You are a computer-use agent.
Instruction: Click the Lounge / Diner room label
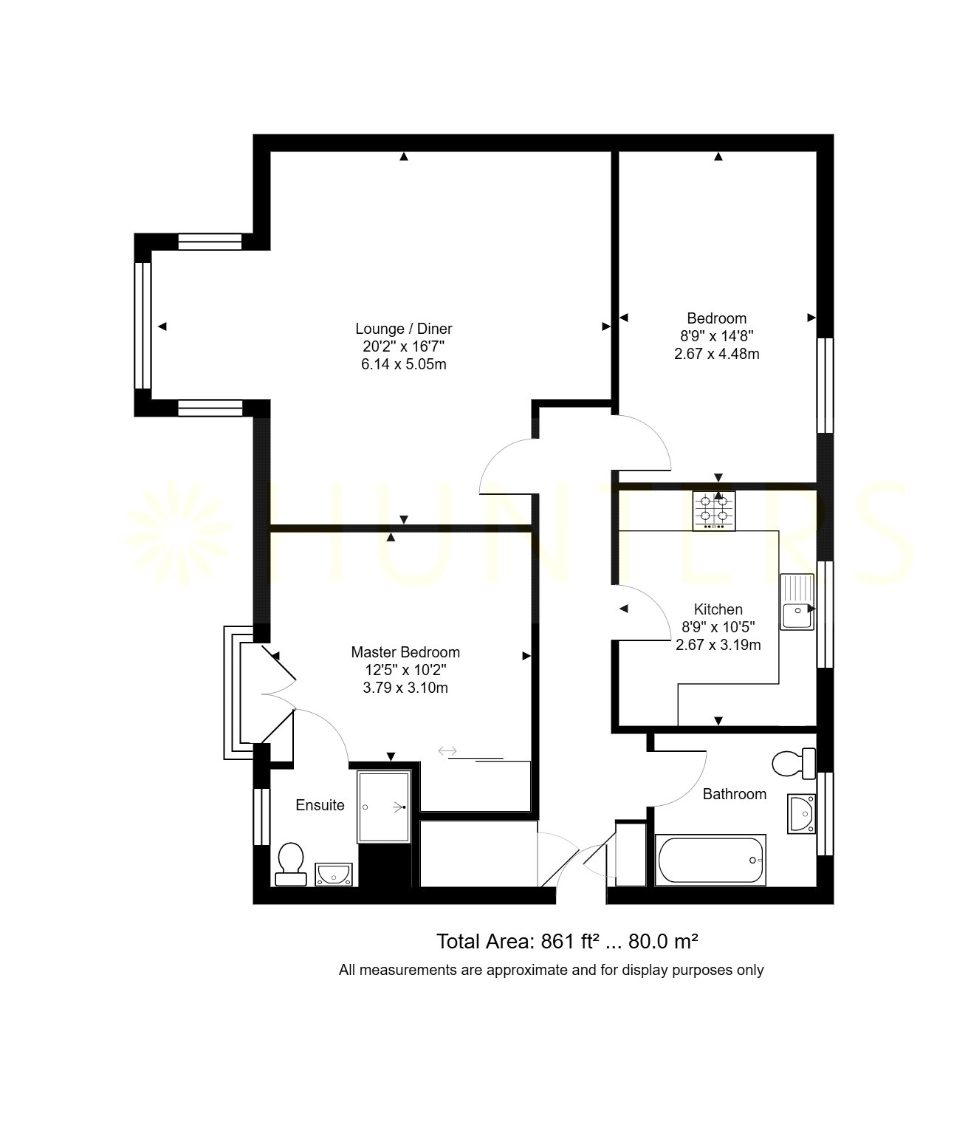pyautogui.click(x=404, y=329)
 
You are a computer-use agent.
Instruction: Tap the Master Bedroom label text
pyautogui.click(x=405, y=652)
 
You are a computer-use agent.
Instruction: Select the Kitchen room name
pyautogui.click(x=718, y=609)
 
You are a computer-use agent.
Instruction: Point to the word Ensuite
pyautogui.click(x=320, y=805)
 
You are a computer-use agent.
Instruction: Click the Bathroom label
pyautogui.click(x=735, y=794)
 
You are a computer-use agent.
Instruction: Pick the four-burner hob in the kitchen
pyautogui.click(x=714, y=510)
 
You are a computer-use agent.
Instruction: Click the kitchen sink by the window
pyautogui.click(x=797, y=602)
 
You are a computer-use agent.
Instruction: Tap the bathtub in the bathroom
pyautogui.click(x=710, y=861)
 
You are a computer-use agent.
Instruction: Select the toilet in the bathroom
pyautogui.click(x=794, y=763)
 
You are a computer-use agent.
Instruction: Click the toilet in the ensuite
pyautogui.click(x=291, y=864)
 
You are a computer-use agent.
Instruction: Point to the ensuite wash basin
pyautogui.click(x=334, y=875)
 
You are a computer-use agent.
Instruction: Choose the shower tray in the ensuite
pyautogui.click(x=384, y=807)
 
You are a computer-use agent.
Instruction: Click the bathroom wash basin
pyautogui.click(x=801, y=814)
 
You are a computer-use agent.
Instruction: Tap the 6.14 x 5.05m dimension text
pyautogui.click(x=404, y=363)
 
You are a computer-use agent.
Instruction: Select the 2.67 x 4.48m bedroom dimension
pyautogui.click(x=717, y=354)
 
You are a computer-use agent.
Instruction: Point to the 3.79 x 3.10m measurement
pyautogui.click(x=405, y=688)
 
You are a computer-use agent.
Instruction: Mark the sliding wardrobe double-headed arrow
pyautogui.click(x=447, y=750)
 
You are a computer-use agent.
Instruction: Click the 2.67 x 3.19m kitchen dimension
pyautogui.click(x=718, y=645)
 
